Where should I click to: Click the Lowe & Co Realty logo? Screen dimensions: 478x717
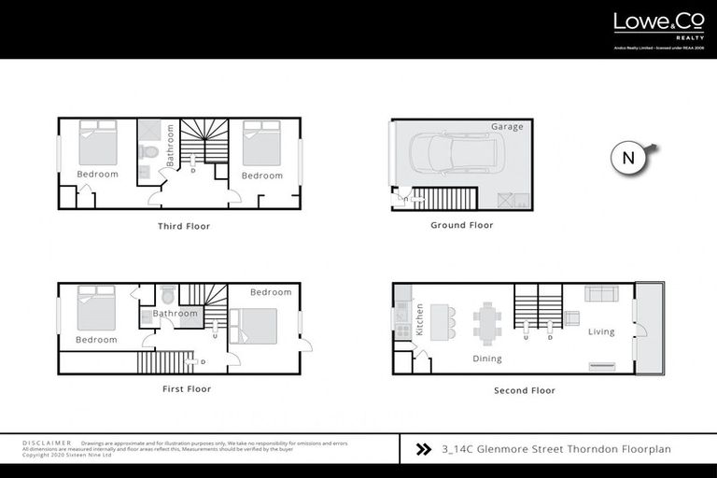tap(645, 24)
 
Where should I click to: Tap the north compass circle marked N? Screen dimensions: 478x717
tap(628, 158)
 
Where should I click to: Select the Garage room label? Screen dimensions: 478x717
tap(507, 126)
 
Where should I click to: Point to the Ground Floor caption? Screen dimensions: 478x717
tap(461, 225)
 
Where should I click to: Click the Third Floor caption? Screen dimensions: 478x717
tap(184, 226)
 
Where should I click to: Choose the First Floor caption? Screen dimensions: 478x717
tap(185, 388)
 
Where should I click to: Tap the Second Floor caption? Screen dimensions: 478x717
tap(525, 390)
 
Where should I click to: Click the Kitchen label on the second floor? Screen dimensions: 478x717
tap(420, 319)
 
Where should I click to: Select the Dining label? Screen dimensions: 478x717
tap(487, 358)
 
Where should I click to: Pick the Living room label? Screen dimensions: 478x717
tap(601, 331)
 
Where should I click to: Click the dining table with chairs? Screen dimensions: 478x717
tap(486, 320)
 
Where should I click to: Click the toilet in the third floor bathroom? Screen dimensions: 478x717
tap(148, 151)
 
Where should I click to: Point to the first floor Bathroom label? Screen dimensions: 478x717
tap(176, 314)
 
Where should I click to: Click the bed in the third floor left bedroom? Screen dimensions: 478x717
tap(97, 142)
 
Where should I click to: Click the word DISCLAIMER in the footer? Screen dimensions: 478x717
tap(47, 443)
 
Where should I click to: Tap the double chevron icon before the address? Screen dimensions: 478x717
tap(423, 448)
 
